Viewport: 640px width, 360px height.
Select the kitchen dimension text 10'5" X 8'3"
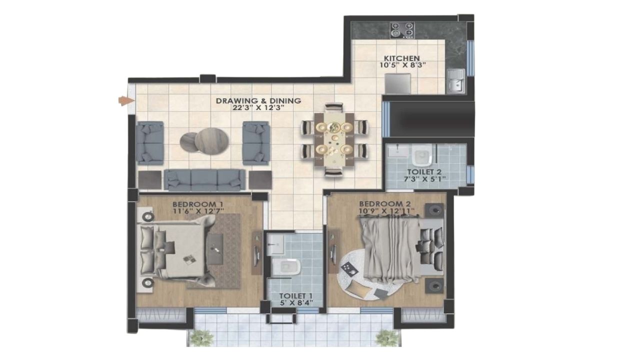coord(402,65)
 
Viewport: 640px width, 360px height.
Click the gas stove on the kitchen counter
coord(402,30)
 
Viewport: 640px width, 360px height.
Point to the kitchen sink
coord(456,81)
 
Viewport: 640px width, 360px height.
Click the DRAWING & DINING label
coord(258,101)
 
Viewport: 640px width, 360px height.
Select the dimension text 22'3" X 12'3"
coord(259,107)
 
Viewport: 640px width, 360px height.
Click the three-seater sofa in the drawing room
coord(205,180)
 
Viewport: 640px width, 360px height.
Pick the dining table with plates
coord(334,139)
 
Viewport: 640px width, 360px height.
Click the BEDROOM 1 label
coord(197,204)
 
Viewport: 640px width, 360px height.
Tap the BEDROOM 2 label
coord(384,204)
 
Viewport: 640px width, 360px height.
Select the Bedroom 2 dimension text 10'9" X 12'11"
coord(387,211)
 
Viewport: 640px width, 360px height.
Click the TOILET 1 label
coord(295,296)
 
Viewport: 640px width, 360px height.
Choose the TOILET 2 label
coord(424,172)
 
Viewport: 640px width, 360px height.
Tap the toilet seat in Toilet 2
coord(421,155)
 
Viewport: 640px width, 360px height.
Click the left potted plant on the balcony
coord(201,338)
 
